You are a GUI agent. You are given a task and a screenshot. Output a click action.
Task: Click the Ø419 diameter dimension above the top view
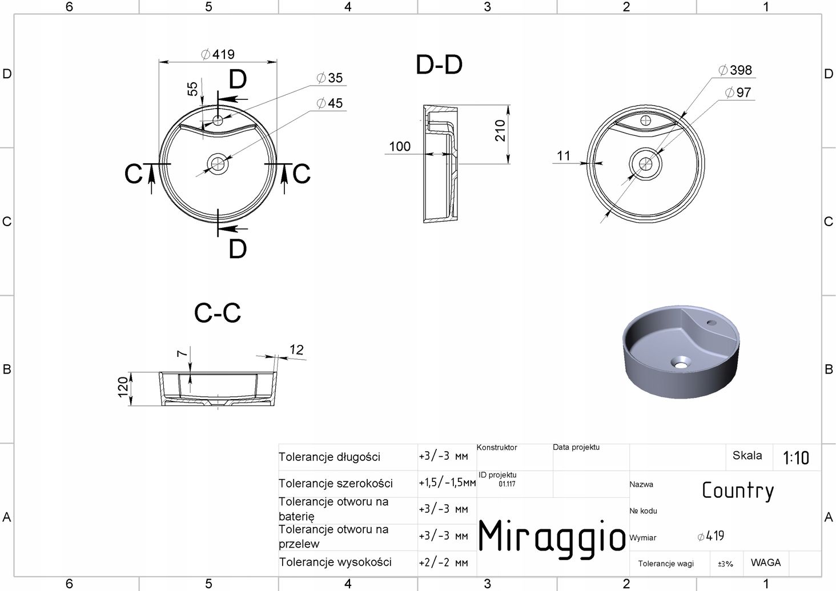218,54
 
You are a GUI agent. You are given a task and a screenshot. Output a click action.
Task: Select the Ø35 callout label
329,78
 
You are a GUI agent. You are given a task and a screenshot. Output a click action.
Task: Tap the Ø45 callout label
329,103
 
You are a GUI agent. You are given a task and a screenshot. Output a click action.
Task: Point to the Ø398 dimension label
735,70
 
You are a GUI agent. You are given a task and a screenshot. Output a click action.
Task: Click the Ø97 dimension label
738,93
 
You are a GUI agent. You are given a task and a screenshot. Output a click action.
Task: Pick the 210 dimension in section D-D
500,130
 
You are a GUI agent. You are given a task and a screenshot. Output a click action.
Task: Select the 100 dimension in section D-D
400,146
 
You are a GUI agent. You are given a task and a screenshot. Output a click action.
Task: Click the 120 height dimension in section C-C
123,388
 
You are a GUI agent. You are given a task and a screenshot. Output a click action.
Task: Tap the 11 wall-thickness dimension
564,155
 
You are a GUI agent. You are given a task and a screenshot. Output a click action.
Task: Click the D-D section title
439,65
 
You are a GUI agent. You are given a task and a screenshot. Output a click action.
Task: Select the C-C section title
217,313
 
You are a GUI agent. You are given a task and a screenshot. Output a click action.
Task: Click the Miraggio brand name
552,536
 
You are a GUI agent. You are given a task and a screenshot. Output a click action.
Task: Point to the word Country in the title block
738,491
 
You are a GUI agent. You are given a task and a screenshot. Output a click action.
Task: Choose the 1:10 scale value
795,458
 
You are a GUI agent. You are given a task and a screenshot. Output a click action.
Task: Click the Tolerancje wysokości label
335,562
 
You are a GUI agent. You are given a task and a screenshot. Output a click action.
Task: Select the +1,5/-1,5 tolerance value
447,483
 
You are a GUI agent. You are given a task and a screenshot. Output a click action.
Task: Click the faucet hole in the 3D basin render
712,322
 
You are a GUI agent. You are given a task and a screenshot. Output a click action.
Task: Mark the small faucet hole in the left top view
218,120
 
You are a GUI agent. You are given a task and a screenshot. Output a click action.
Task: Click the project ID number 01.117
507,484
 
